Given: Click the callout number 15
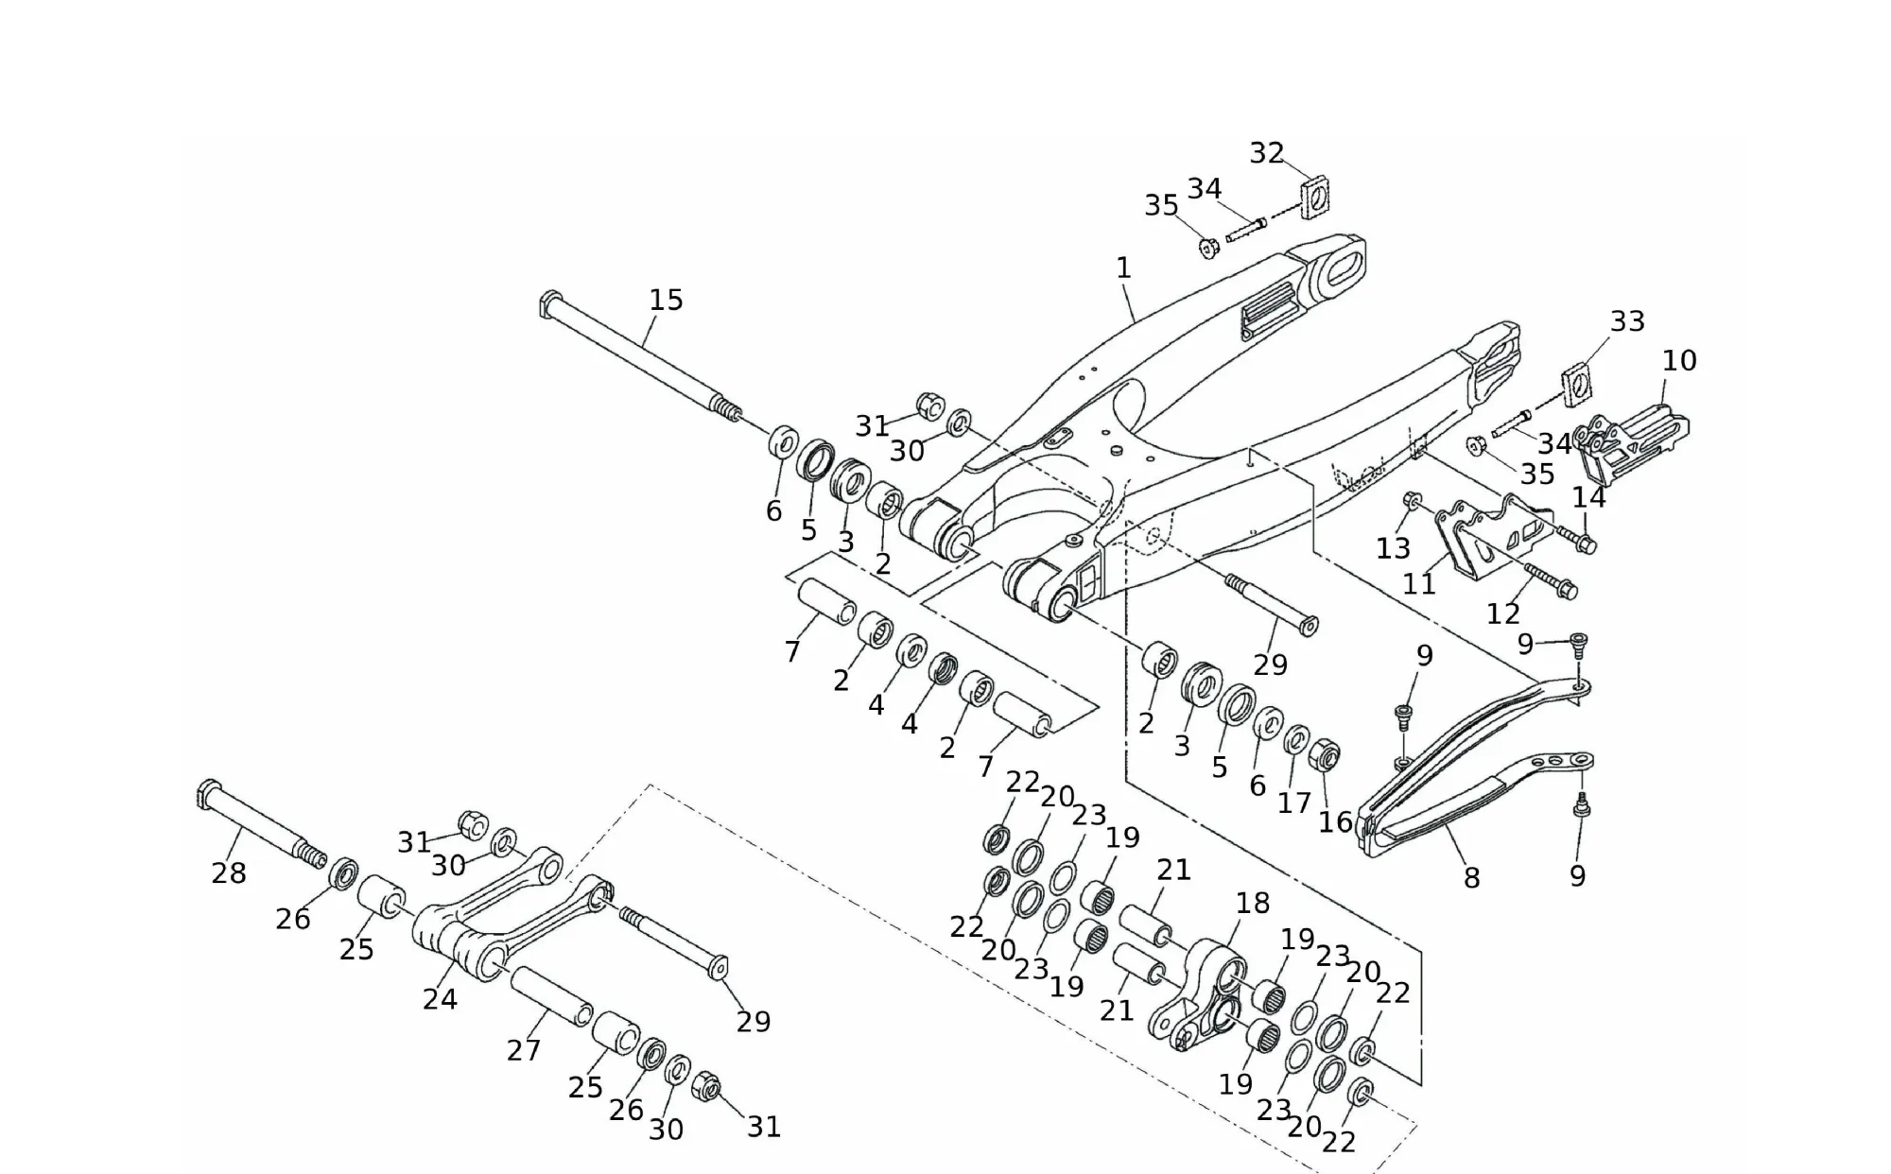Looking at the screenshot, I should [x=666, y=301].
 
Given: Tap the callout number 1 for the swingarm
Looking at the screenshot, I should [x=1123, y=268].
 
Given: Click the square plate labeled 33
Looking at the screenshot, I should [x=1577, y=384].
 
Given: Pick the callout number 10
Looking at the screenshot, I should [x=1679, y=360].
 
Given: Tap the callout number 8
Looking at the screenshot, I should [x=1471, y=878].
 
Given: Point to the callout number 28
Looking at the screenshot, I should [x=229, y=873].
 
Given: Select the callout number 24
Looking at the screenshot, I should [x=440, y=999].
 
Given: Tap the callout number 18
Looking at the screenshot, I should [x=1253, y=904].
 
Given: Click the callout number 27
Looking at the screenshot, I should [x=523, y=1050].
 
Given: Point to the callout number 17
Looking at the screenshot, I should [x=1294, y=803].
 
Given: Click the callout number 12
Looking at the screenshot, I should [x=1503, y=614].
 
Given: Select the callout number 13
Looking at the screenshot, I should [x=1393, y=548].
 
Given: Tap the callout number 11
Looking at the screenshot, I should [x=1419, y=584].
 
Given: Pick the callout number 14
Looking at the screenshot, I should [x=1588, y=497].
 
